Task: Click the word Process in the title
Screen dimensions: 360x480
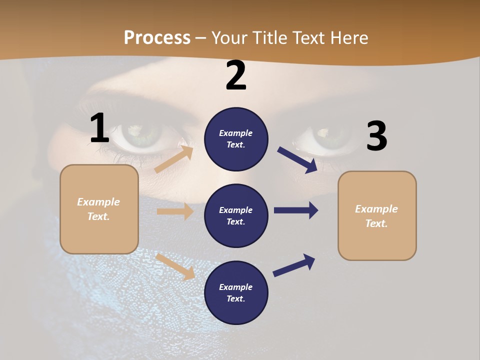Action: pyautogui.click(x=157, y=38)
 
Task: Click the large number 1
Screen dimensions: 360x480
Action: pyautogui.click(x=99, y=128)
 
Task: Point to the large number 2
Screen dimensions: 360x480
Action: pyautogui.click(x=236, y=75)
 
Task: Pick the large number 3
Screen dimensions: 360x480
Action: pyautogui.click(x=376, y=136)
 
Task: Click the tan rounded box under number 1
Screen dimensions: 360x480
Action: pyautogui.click(x=99, y=209)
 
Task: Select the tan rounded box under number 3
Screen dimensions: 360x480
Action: pyautogui.click(x=377, y=215)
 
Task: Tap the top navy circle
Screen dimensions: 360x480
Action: pyautogui.click(x=236, y=139)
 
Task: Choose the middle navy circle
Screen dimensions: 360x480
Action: pyautogui.click(x=236, y=215)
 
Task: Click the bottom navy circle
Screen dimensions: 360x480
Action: pyautogui.click(x=236, y=292)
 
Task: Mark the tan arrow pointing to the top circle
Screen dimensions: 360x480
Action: pyautogui.click(x=174, y=159)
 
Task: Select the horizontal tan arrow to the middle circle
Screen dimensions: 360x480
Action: pyautogui.click(x=175, y=211)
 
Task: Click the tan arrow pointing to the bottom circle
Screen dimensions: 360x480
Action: pyautogui.click(x=175, y=266)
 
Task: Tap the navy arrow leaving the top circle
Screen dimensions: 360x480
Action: pyautogui.click(x=297, y=159)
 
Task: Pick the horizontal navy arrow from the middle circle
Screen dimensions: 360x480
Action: pyautogui.click(x=296, y=210)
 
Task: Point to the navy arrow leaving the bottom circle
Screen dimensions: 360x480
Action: pyautogui.click(x=294, y=265)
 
